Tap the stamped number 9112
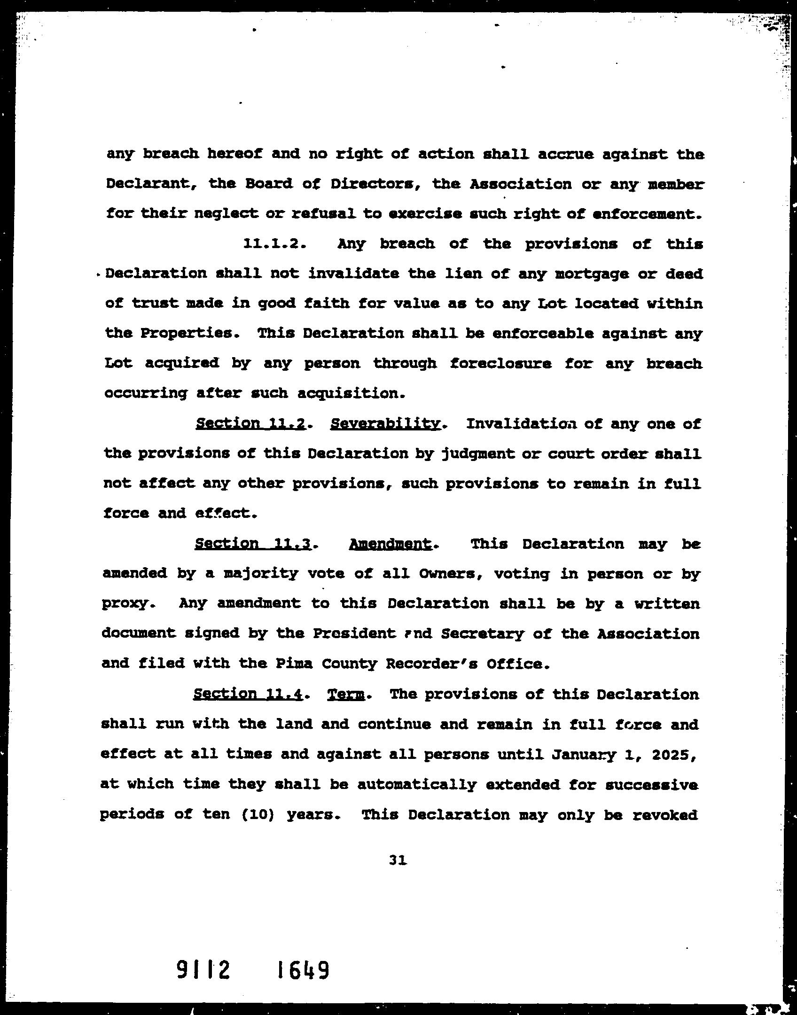click(203, 970)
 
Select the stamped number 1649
click(303, 970)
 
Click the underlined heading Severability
click(385, 424)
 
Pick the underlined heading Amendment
click(391, 544)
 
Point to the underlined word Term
click(346, 695)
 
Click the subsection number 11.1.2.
click(274, 244)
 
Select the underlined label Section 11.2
click(251, 424)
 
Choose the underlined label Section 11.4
click(248, 695)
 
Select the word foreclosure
click(500, 364)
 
